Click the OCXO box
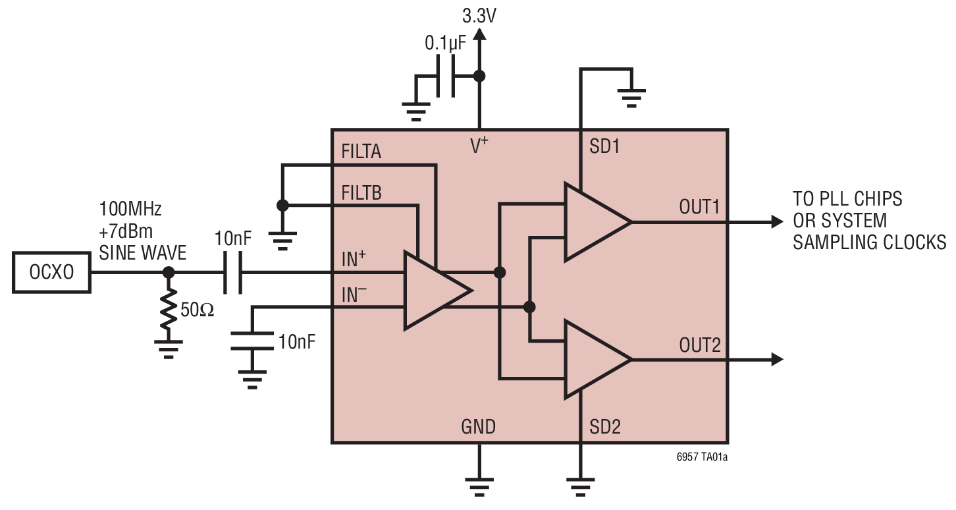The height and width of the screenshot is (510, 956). pos(52,273)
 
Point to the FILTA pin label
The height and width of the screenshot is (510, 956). pos(361,152)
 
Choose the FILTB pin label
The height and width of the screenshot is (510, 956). pos(361,193)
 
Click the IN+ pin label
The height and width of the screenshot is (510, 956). pos(354,259)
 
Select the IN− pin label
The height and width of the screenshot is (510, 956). pos(354,294)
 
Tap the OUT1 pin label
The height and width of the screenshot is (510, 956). pos(700,207)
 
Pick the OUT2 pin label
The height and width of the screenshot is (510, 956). pos(700,345)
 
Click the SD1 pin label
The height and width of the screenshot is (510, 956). pos(604,146)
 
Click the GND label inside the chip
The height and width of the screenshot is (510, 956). pos(478,427)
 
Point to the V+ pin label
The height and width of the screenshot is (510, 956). pos(479,146)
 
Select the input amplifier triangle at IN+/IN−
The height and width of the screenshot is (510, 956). pos(431,290)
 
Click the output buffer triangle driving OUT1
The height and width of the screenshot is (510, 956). pos(593,222)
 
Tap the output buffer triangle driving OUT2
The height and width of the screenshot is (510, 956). pos(593,360)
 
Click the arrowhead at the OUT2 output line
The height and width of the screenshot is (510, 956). pos(777,360)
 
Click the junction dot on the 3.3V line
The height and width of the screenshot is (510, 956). pos(480,76)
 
